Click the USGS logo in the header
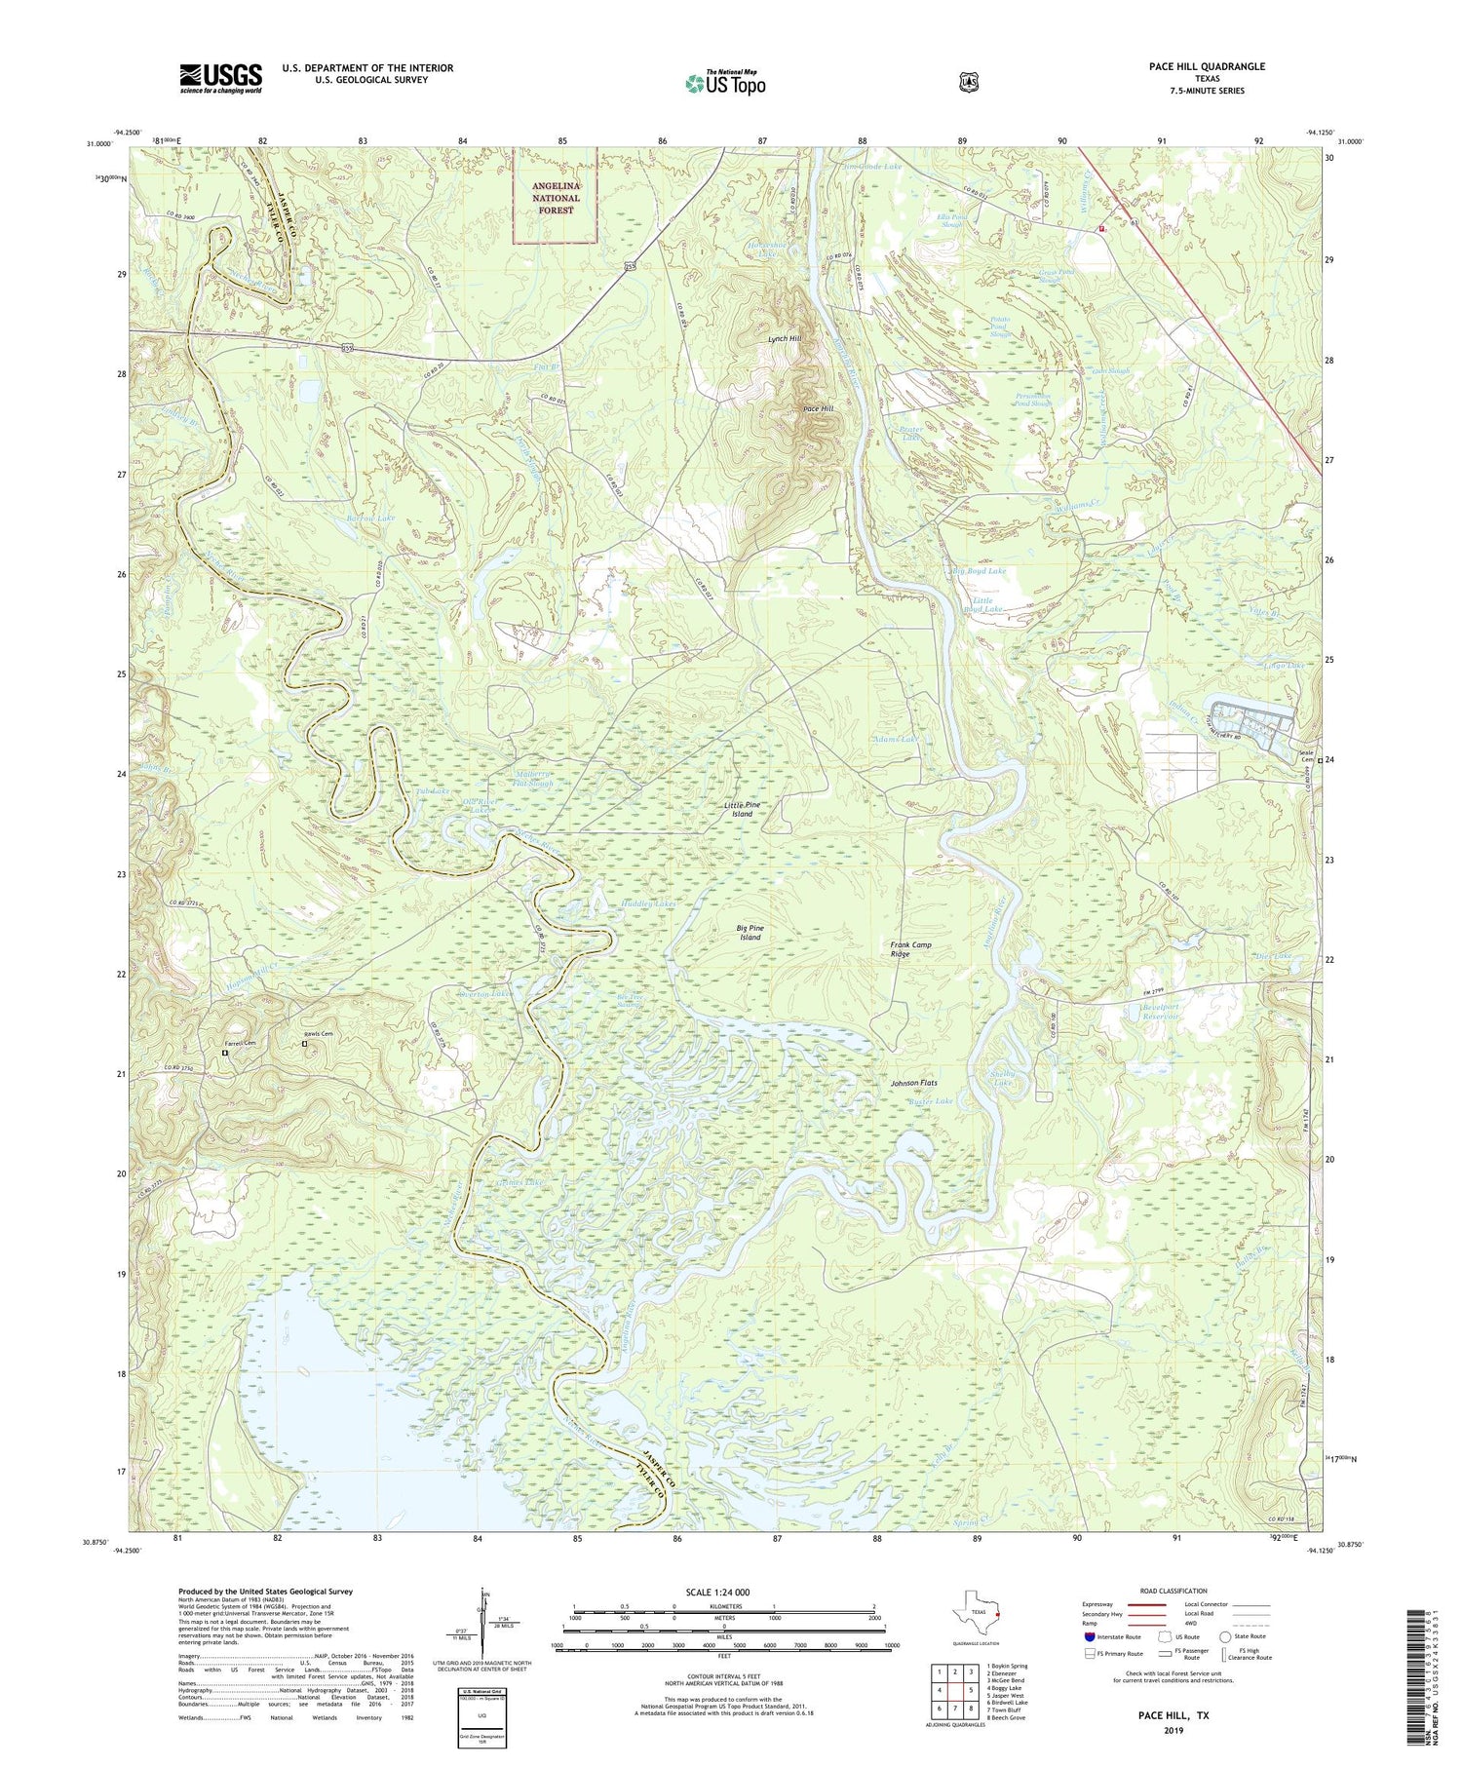tap(220, 78)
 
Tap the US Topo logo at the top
tap(725, 83)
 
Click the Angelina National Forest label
tap(556, 198)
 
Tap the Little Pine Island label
tap(742, 809)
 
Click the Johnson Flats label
tap(913, 1083)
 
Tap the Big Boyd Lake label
tap(978, 571)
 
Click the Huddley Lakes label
tap(647, 903)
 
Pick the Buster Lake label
tap(930, 1101)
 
